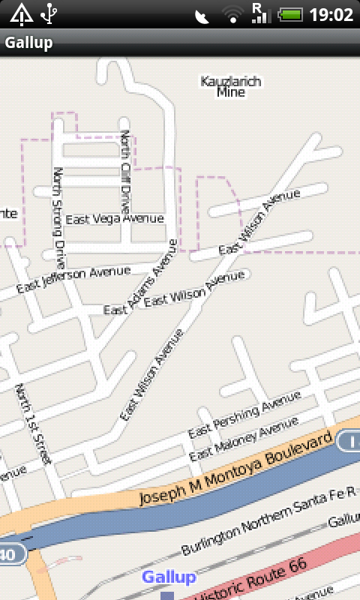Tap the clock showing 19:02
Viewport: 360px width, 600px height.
[x=331, y=14]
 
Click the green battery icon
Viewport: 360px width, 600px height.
[x=290, y=14]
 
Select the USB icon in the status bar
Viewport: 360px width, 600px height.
[x=49, y=13]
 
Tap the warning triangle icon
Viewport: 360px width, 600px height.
[x=20, y=13]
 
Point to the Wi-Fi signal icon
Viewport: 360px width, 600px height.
[x=233, y=15]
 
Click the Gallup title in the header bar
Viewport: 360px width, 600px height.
[x=29, y=43]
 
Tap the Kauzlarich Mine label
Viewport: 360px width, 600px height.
[x=231, y=86]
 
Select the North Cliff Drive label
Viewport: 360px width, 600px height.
[x=125, y=172]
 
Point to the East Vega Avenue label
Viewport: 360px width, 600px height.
[x=114, y=219]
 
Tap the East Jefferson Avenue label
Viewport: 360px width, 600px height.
[x=73, y=278]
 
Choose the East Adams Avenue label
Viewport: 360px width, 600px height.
[x=141, y=277]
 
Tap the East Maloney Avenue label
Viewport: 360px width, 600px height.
[x=244, y=439]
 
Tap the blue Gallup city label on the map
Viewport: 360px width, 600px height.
[x=169, y=577]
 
